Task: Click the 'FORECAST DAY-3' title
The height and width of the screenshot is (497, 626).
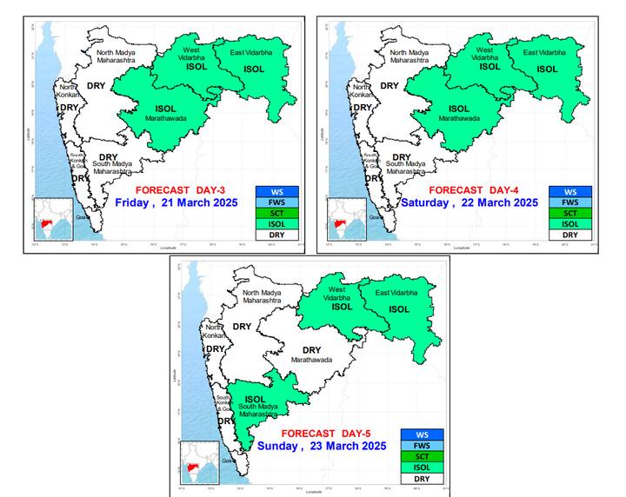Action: coord(180,189)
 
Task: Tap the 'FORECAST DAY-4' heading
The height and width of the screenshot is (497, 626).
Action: coord(474,189)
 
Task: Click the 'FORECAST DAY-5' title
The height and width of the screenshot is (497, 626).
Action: coord(322,433)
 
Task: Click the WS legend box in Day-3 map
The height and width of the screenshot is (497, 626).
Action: coord(277,192)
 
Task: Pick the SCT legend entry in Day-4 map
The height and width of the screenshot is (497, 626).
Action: coord(570,214)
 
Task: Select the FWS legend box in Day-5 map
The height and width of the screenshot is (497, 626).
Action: coord(422,446)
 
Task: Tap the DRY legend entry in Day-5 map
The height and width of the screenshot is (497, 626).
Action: coord(422,479)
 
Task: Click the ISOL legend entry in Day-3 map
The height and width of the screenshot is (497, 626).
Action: coord(277,224)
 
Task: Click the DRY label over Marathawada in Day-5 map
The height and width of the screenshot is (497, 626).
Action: coord(311,350)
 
